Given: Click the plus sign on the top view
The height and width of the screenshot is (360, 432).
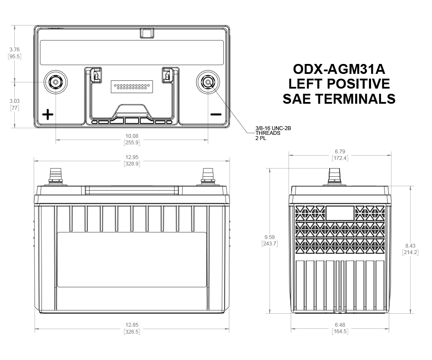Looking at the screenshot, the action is coord(48,115).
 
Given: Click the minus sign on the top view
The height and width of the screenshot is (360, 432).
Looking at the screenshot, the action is coord(216,115).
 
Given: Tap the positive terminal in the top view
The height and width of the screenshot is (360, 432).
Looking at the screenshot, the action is coord(56,82).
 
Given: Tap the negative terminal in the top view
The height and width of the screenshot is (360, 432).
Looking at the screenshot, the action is coord(208,82).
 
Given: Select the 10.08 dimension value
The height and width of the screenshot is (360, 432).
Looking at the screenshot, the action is coord(132,136).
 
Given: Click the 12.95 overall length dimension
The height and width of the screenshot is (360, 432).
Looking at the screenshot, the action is coord(132,157).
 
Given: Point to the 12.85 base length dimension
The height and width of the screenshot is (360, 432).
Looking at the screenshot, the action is coord(132,325).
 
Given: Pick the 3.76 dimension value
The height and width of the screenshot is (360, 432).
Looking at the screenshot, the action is coord(15,50).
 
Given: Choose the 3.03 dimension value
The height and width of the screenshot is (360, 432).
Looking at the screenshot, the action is coord(15,101).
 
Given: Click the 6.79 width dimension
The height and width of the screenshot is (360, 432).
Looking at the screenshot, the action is coord(340,151).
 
